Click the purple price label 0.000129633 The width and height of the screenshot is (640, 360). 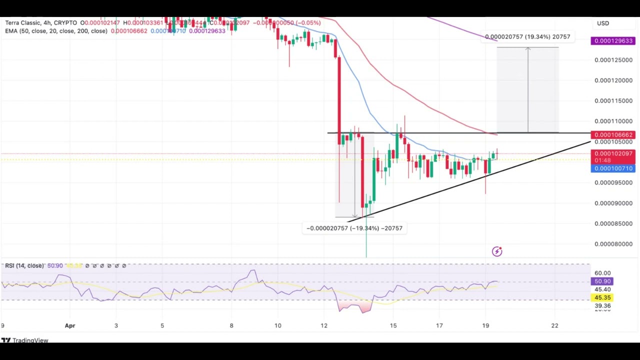pos(613,41)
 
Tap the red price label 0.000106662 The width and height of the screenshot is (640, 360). pos(613,135)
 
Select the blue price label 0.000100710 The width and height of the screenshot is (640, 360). pos(613,168)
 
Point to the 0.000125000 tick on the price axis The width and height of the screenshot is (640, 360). pos(613,60)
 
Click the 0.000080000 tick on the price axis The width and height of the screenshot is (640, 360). pos(613,244)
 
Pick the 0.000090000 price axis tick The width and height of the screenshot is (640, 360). pos(613,203)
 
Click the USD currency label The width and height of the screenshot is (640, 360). pos(603,23)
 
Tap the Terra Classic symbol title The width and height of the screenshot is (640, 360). pos(41,23)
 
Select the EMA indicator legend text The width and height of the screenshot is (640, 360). pos(56,31)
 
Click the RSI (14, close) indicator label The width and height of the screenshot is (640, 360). pos(24,265)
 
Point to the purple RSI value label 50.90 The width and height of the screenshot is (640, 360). pos(602,281)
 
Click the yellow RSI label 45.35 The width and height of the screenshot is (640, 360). pos(602,297)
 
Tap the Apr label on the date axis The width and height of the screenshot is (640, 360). pos(70,325)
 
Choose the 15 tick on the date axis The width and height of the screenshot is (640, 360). pos(393,325)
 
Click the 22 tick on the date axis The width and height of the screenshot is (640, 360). pos(554,325)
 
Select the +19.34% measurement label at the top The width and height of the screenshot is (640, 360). pos(527,37)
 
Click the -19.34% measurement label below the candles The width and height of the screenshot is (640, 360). pos(354,228)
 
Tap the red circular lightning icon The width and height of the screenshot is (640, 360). pos(496,251)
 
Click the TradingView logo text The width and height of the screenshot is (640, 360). pos(30,340)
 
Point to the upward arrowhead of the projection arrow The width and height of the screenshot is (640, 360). pos(527,48)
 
